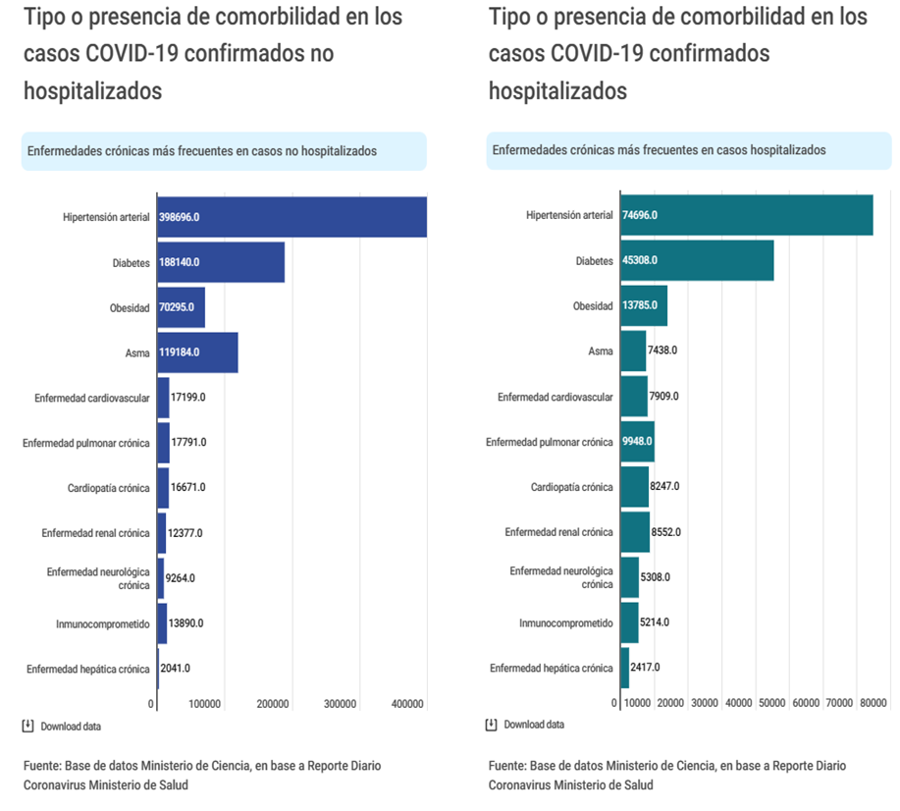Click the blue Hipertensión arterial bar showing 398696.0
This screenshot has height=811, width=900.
(291, 216)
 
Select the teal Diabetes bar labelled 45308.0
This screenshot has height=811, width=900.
(697, 260)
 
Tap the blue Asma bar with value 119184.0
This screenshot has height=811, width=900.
(197, 351)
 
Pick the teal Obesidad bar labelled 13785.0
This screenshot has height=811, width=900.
(643, 306)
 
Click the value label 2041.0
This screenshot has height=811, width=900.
(175, 669)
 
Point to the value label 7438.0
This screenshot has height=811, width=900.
(662, 351)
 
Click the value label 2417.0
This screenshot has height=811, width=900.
(644, 668)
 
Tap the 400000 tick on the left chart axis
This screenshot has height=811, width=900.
(407, 704)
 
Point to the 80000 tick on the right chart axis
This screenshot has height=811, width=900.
(874, 704)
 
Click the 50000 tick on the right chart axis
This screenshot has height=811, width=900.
(773, 704)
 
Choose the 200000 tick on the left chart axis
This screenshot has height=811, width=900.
(273, 704)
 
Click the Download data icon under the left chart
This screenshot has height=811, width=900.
(27, 727)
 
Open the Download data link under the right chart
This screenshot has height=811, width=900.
(534, 726)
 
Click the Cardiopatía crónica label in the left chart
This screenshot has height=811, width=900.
(108, 488)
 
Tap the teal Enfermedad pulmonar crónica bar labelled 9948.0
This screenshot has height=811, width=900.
(637, 442)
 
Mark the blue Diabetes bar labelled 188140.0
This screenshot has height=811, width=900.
(221, 262)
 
